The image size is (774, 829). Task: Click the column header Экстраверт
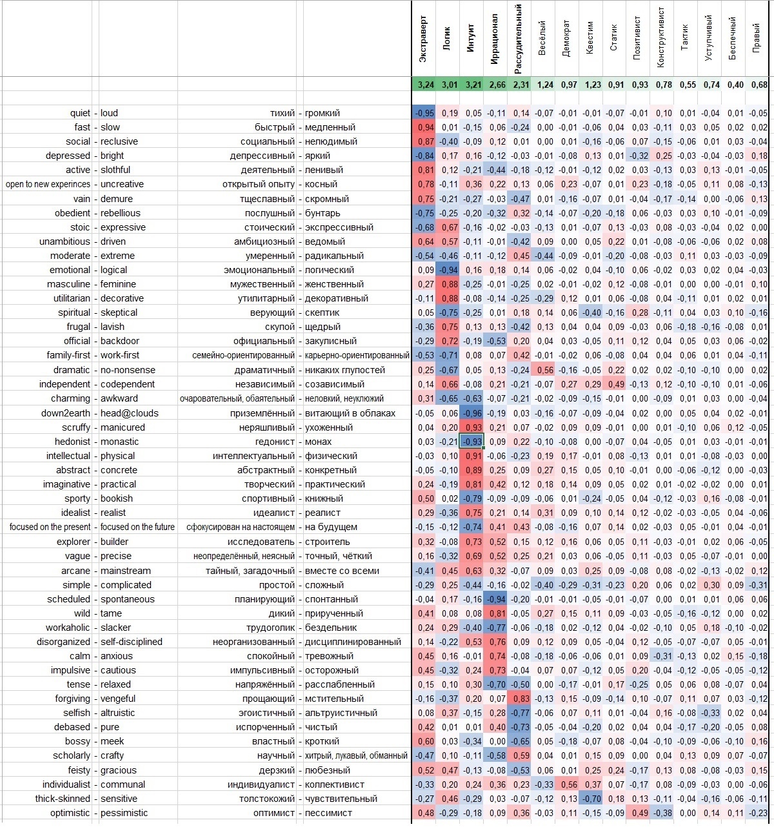point(423,39)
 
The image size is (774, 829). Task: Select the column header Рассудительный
point(519,39)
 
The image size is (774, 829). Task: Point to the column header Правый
point(757,38)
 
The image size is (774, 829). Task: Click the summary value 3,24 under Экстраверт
point(425,85)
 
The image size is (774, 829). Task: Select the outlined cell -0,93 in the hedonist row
point(471,441)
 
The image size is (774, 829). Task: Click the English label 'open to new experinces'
point(48,184)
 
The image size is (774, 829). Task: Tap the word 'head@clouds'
point(129,413)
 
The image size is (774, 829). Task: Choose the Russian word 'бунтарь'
point(322,213)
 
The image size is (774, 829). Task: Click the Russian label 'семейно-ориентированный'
point(243,355)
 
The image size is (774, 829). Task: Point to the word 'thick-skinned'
point(63,799)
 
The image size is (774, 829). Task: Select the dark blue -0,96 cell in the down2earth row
point(471,413)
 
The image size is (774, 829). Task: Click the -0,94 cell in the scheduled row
point(495,599)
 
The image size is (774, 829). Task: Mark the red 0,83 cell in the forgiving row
point(519,699)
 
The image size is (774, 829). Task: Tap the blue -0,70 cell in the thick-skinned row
point(591,799)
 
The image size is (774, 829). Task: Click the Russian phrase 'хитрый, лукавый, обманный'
point(356,755)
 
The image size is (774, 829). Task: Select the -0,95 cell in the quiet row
point(424,113)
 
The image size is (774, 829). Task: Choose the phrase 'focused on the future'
point(137,527)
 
